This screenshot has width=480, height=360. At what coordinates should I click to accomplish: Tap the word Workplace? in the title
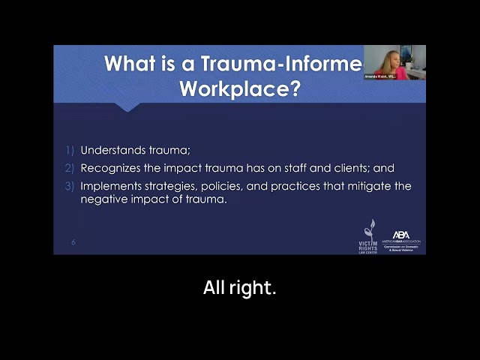pos(240,88)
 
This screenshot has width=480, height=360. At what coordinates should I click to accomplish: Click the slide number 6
pos(73,242)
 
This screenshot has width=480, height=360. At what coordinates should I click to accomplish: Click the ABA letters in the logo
pos(401,235)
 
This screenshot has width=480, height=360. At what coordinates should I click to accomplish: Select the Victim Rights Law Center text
pos(367,246)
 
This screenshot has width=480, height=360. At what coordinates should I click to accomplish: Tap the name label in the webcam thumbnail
pos(380,76)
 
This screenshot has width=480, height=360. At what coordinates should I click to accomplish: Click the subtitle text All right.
pos(240,287)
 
